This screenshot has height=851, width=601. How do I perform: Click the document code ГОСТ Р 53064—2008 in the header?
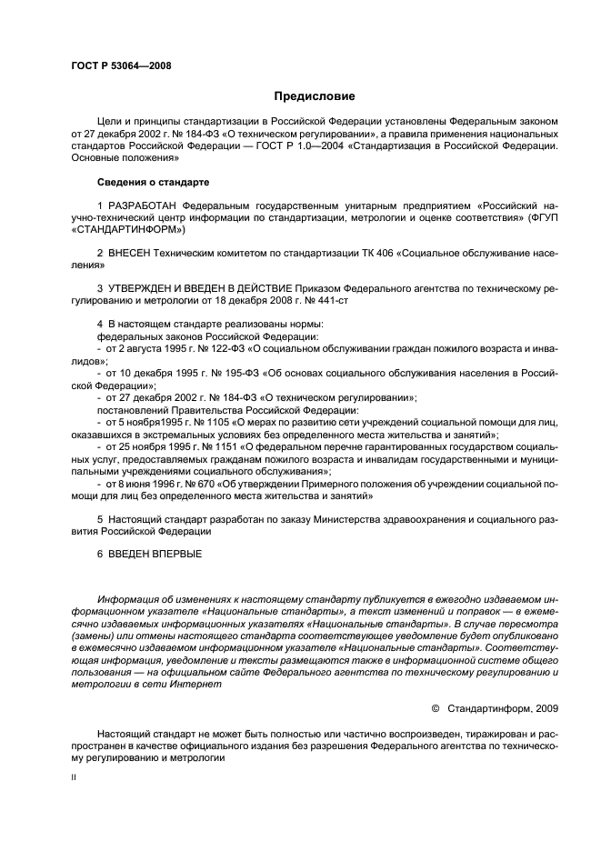point(121,65)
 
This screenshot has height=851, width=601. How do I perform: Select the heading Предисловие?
point(315,95)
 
